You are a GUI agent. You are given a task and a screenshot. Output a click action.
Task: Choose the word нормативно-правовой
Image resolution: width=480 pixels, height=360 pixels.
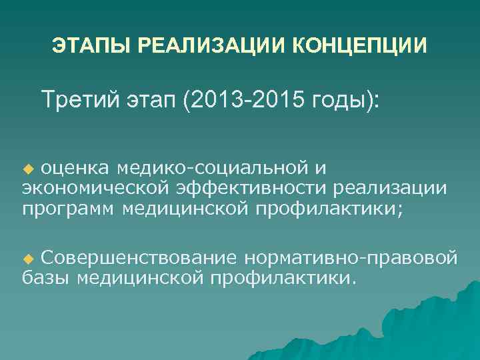pyautogui.click(x=351, y=257)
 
